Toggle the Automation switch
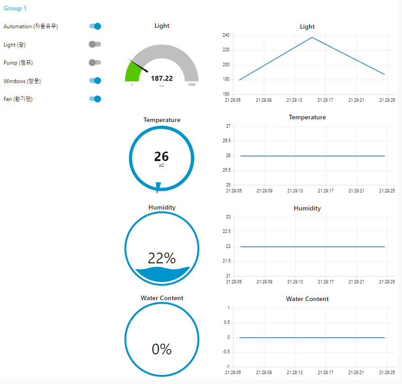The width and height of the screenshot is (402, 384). [95, 26]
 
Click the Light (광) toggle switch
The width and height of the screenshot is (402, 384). [95, 44]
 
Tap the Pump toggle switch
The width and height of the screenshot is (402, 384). [95, 62]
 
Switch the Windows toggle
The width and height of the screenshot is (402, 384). [95, 81]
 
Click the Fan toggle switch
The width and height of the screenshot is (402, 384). [95, 99]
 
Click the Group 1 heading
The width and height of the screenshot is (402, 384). [15, 8]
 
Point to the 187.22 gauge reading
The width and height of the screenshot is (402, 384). [162, 79]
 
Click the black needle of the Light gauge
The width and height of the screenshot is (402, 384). [138, 66]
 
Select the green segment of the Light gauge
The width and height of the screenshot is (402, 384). [132, 73]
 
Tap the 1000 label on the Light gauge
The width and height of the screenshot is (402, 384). [192, 85]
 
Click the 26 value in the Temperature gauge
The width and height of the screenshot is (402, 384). [161, 157]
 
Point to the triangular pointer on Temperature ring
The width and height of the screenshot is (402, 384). [158, 187]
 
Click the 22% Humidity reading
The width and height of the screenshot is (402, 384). [162, 258]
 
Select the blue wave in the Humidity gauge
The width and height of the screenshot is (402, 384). [162, 275]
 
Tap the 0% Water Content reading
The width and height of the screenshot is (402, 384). [162, 349]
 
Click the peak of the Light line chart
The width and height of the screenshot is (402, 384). [312, 37]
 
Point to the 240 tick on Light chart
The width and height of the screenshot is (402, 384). [226, 35]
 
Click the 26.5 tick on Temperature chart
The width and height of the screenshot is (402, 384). [227, 141]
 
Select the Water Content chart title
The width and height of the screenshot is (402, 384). [307, 299]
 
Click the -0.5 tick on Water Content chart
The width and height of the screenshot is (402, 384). [226, 352]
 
